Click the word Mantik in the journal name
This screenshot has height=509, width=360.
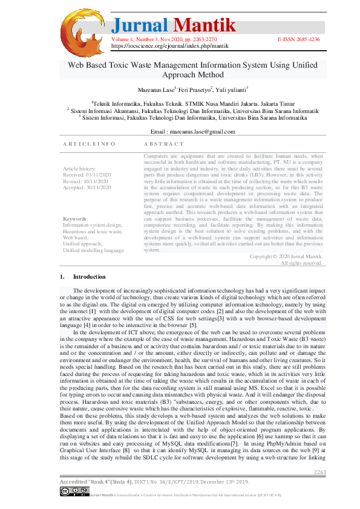coord(205,25)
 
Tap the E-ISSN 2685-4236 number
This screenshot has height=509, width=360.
coord(298,39)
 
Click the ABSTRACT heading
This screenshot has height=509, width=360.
coord(164,144)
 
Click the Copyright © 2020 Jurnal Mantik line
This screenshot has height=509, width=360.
coord(286,256)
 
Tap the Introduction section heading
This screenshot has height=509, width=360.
coord(89,277)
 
